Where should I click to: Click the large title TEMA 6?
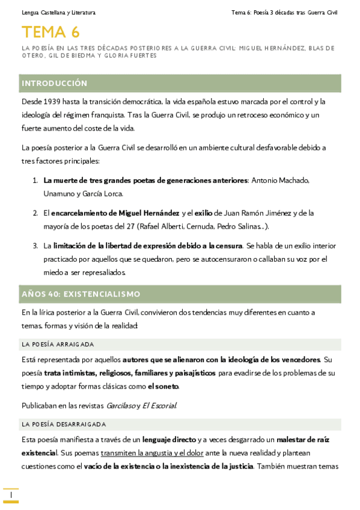point(50,32)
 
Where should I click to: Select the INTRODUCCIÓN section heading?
point(54,83)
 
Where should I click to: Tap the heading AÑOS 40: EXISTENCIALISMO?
point(81,294)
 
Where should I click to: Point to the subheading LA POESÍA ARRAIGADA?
point(58,344)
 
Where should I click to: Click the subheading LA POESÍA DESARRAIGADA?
point(64,425)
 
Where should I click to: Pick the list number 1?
point(34,180)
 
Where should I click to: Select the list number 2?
point(34,213)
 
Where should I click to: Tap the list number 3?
point(34,245)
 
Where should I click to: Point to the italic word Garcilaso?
point(120,405)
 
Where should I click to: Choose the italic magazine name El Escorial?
point(159,405)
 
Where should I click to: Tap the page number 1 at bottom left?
point(10,494)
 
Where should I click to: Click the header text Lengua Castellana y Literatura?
point(58,13)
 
